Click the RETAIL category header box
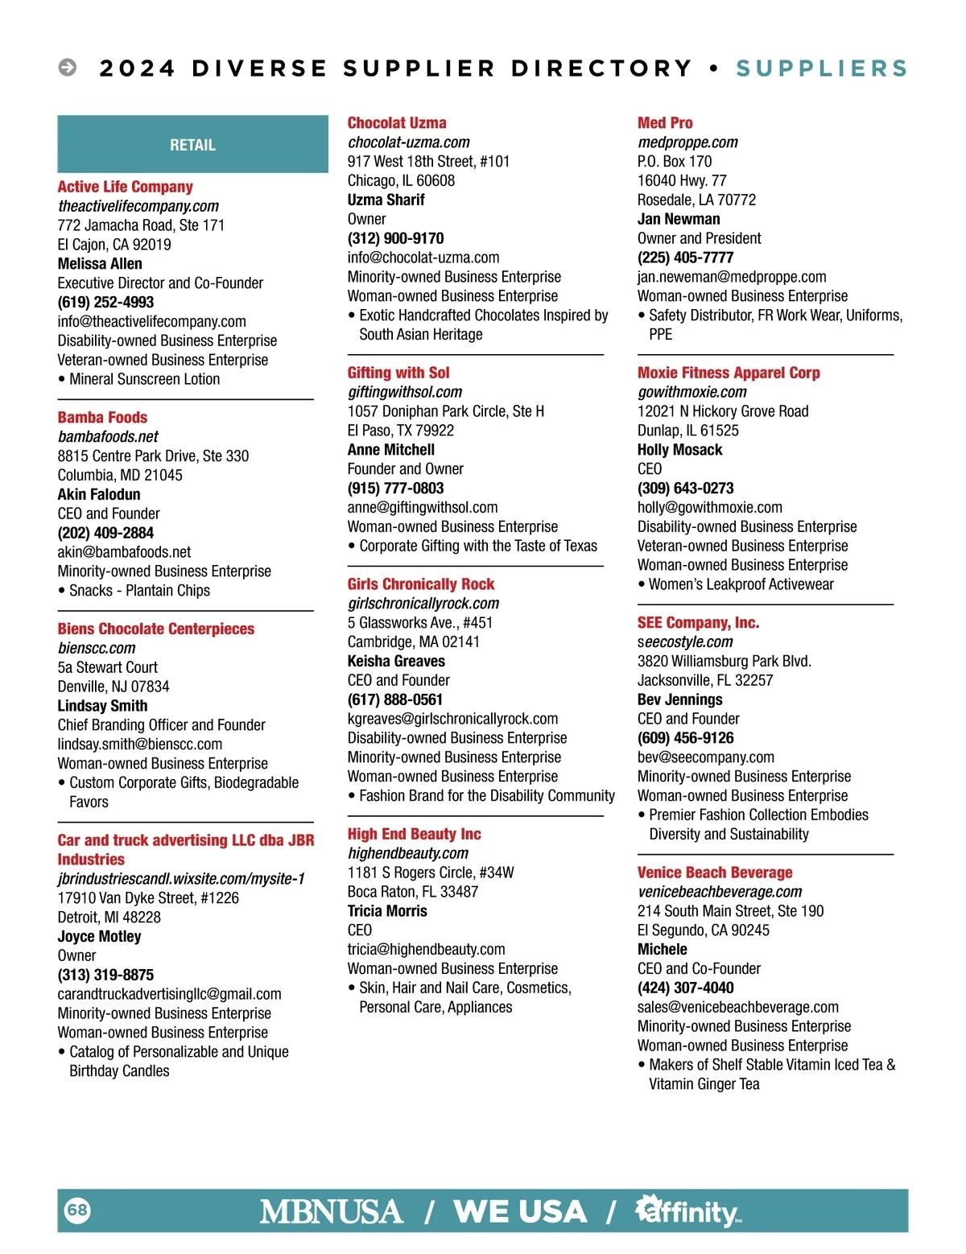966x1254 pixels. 192,144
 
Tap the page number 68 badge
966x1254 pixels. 77,1210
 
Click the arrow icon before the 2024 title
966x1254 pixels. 68,68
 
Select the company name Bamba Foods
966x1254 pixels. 102,417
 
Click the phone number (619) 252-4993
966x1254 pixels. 105,302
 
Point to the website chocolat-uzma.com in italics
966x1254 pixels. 408,142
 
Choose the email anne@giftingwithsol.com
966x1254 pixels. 422,507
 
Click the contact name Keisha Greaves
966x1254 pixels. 396,661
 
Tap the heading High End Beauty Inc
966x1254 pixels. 414,834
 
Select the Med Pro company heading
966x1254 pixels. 665,122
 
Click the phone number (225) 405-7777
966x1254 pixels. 685,258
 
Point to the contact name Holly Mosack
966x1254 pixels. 679,449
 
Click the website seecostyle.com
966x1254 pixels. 685,641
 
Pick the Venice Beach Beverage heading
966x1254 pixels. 715,872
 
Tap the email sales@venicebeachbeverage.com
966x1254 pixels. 737,1007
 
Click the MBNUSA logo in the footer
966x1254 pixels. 331,1211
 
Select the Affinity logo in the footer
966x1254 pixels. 687,1211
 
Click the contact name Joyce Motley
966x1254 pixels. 99,936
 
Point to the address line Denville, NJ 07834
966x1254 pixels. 114,687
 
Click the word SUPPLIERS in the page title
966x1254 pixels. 821,68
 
